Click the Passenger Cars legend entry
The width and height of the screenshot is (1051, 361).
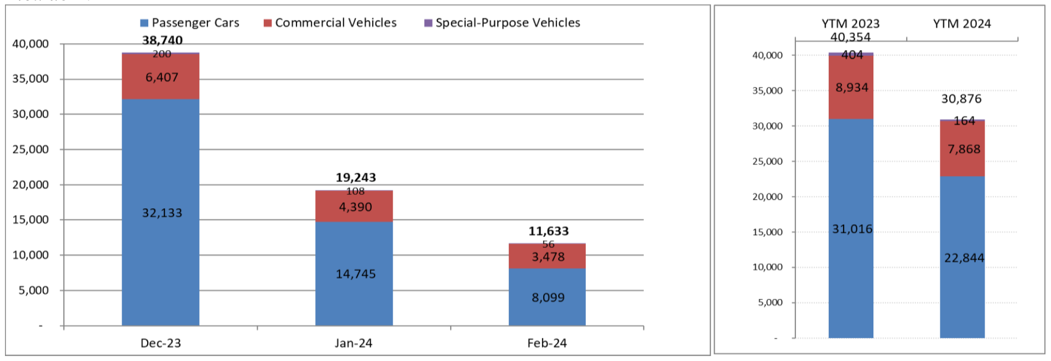[190, 23]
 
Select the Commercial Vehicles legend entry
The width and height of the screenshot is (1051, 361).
[330, 23]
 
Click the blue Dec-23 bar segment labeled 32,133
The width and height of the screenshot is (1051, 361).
[160, 213]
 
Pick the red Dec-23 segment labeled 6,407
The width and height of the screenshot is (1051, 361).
[161, 77]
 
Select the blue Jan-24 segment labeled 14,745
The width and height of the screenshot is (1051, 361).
[355, 274]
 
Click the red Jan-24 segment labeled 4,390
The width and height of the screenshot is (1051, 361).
[355, 207]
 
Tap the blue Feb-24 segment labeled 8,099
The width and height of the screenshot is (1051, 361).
[548, 297]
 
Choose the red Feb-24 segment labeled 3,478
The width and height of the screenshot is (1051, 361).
[548, 256]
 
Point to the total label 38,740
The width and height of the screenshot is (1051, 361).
[162, 40]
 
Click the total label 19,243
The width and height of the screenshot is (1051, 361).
[356, 177]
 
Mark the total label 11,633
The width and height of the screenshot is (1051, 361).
[548, 231]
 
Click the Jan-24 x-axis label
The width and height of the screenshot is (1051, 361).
[353, 343]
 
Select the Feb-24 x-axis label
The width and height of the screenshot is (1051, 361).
[547, 343]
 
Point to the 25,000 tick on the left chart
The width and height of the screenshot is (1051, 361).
[30, 149]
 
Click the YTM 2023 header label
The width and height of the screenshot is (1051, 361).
[850, 24]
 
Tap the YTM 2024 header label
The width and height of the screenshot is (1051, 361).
[962, 24]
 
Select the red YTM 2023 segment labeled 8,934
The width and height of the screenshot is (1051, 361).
[851, 87]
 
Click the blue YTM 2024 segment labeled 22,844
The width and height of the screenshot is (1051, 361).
[963, 258]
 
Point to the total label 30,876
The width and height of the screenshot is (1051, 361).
[961, 99]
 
